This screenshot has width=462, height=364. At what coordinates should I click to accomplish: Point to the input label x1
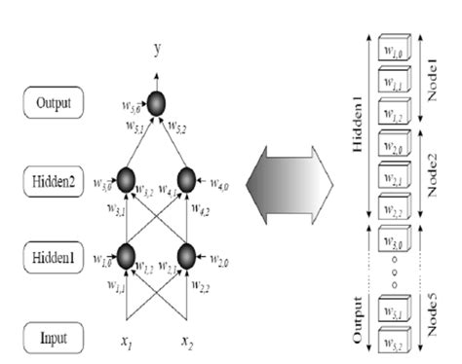(126, 342)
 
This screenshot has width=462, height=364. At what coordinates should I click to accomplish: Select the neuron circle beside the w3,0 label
(125, 179)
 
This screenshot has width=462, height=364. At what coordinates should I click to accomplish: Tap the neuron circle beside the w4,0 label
(188, 179)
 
